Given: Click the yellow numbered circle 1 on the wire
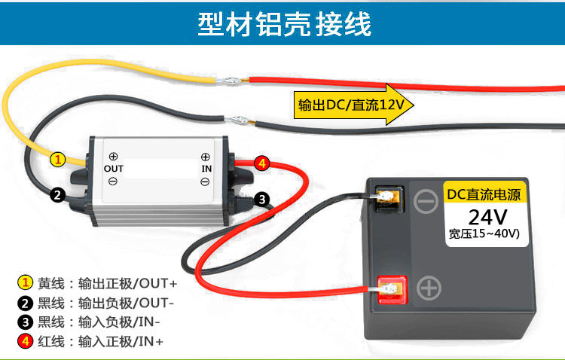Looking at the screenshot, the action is [58, 159].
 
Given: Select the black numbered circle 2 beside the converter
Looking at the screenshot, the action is [58, 194].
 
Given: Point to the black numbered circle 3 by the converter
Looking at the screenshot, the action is [261, 199].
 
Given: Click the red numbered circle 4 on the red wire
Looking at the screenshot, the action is [261, 163].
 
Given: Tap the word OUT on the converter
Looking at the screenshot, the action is [113, 169].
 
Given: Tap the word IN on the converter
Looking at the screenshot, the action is [206, 169].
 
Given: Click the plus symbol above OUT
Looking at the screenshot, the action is [113, 156].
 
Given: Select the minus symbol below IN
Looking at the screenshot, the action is [206, 182].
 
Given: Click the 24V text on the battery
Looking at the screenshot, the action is [487, 218].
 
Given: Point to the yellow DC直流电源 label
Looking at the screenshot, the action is [486, 194].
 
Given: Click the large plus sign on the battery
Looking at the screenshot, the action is [429, 288].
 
